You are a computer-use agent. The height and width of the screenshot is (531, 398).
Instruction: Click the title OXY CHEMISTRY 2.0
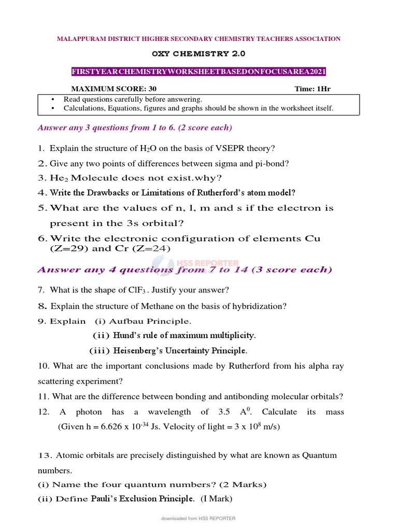click(198, 54)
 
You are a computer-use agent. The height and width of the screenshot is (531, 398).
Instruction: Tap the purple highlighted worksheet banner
click(198, 72)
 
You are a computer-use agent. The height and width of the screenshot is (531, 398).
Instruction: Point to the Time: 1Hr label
click(312, 89)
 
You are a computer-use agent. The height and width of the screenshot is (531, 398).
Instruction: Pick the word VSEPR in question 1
click(202, 148)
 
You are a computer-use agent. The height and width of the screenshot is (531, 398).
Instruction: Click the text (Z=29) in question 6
click(64, 248)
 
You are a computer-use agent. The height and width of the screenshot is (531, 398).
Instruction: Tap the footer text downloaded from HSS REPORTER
click(198, 518)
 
